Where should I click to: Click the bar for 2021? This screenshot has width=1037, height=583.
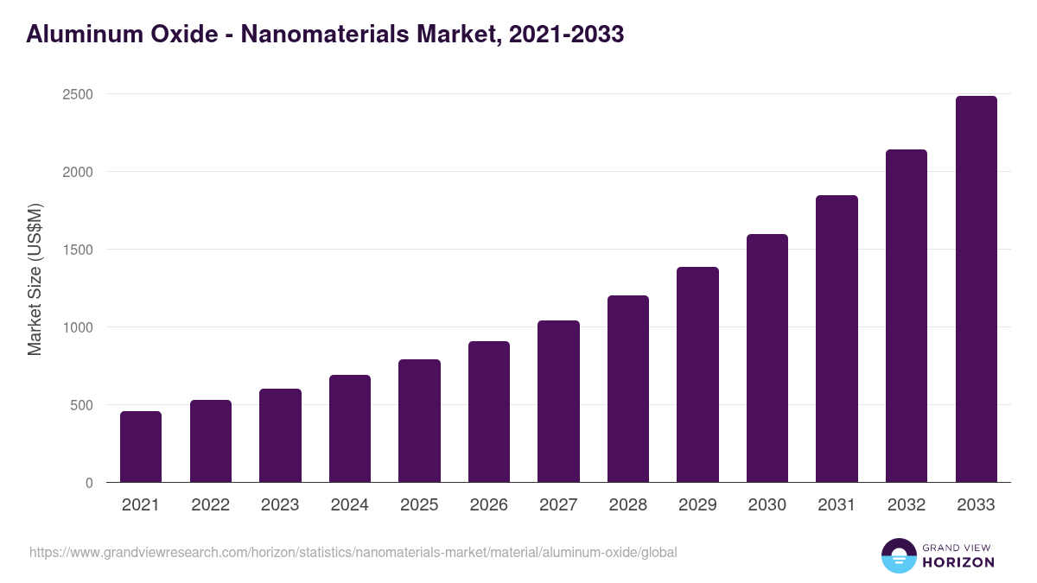point(141,447)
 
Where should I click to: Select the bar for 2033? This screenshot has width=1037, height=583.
point(976,289)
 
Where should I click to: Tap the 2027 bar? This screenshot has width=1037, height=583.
point(558,402)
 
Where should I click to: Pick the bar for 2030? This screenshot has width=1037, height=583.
point(767,358)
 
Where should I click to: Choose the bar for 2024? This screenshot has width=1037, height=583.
point(350,428)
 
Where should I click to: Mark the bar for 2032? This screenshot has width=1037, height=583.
point(907,316)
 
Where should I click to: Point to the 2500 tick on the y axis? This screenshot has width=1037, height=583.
point(77,94)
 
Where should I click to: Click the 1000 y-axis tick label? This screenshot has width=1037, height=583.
point(77,327)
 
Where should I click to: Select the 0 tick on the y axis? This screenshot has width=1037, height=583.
point(89,483)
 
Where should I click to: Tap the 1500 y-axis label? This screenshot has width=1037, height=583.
point(77,250)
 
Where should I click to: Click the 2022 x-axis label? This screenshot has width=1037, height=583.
point(210,505)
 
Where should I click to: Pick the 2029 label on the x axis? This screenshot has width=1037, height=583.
point(697,505)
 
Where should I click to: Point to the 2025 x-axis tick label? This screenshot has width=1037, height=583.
point(419,505)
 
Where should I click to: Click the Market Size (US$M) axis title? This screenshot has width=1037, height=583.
point(35,280)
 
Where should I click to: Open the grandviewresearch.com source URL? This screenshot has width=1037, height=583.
point(353,552)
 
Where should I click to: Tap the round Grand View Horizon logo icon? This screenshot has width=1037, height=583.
point(899,555)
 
